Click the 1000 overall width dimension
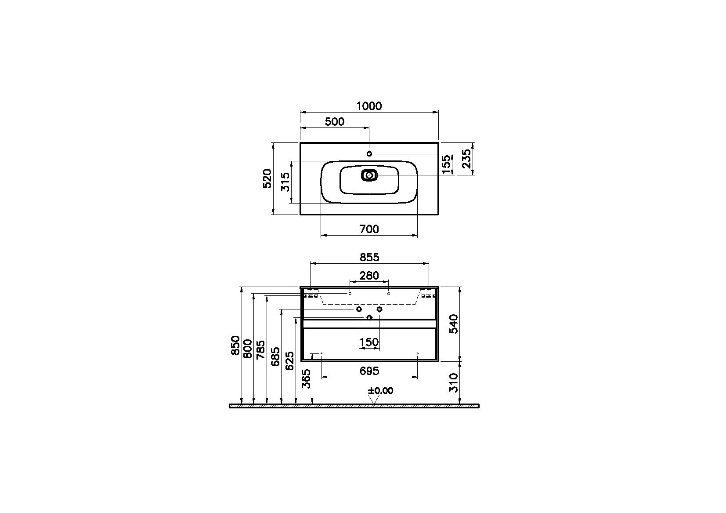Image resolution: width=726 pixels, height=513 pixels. [369, 106]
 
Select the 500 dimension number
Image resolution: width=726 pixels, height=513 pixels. [335, 122]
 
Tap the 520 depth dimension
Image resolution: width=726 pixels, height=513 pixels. [267, 178]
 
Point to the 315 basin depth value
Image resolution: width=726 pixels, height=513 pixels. [285, 182]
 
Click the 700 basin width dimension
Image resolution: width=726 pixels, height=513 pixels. [369, 229]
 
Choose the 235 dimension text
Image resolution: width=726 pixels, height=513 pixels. [466, 159]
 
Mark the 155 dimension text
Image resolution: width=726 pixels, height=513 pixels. [447, 164]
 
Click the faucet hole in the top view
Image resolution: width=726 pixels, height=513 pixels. [369, 154]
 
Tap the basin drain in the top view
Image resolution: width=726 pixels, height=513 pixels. [369, 175]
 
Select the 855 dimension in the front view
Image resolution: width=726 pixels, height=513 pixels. [369, 257]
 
